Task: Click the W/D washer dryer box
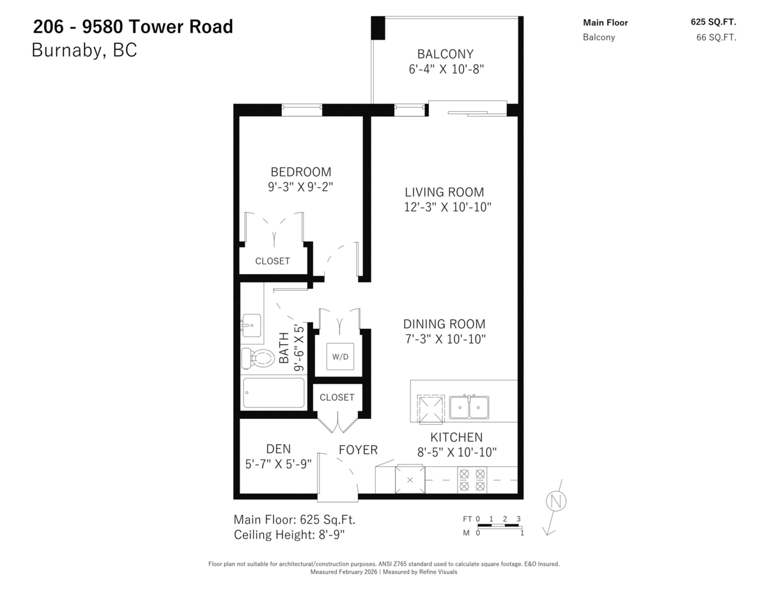click(340, 356)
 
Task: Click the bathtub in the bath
click(274, 393)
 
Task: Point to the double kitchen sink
click(469, 407)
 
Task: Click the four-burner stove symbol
click(472, 480)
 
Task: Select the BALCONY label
click(445, 54)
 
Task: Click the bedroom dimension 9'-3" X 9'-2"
click(300, 187)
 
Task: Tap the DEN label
click(278, 450)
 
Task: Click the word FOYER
click(358, 450)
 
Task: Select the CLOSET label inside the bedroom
click(272, 261)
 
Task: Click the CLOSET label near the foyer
click(337, 397)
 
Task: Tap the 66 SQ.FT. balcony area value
click(716, 37)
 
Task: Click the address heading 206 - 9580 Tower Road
click(133, 27)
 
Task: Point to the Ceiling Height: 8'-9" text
click(290, 535)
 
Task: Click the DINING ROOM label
click(444, 324)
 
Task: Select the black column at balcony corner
click(378, 27)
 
